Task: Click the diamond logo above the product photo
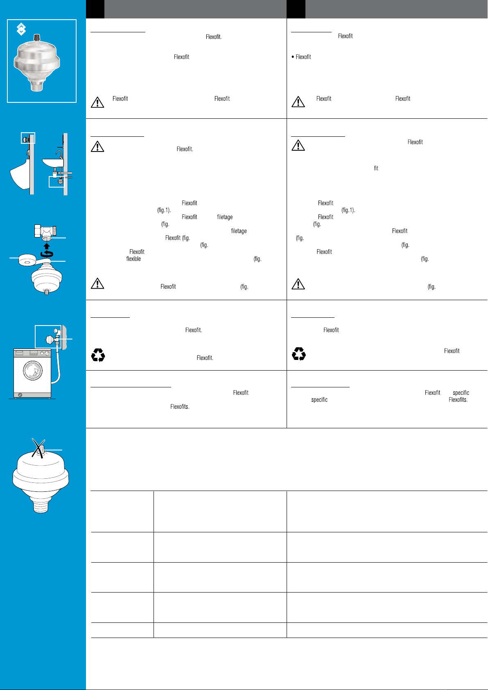pyautogui.click(x=21, y=29)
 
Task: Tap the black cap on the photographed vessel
pyautogui.click(x=37, y=37)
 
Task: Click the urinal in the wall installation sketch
pyautogui.click(x=20, y=174)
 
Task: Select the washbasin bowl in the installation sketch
pyautogui.click(x=53, y=163)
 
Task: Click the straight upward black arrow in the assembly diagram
pyautogui.click(x=47, y=246)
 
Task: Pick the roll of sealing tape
pyautogui.click(x=28, y=260)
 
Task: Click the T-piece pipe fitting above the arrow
pyautogui.click(x=45, y=231)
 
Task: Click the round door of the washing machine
pyautogui.click(x=33, y=371)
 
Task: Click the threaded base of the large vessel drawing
pyautogui.click(x=41, y=504)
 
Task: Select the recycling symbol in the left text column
pyautogui.click(x=98, y=355)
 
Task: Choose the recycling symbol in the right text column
pyautogui.click(x=298, y=354)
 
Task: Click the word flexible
pyautogui.click(x=133, y=259)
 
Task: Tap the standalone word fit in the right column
pyautogui.click(x=376, y=168)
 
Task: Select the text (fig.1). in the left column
pyautogui.click(x=164, y=210)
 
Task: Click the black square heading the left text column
pyautogui.click(x=95, y=9)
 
